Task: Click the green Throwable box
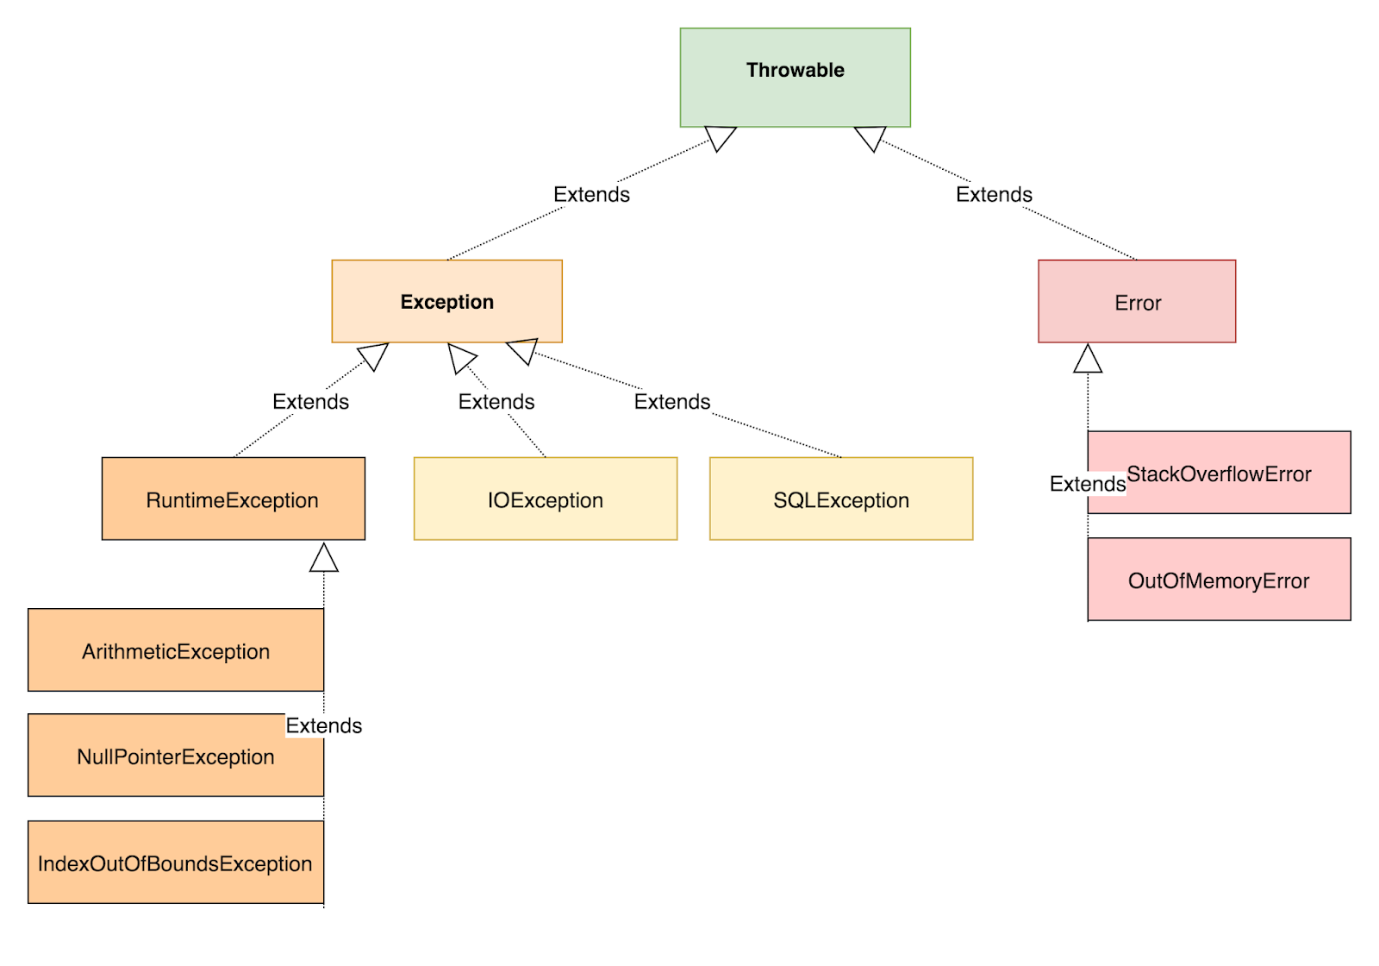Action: point(795,78)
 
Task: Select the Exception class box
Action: point(446,302)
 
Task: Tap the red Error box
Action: point(1137,302)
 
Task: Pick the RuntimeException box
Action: point(233,499)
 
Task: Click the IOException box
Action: point(545,499)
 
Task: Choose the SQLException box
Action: point(840,499)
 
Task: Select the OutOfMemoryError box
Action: point(1219,580)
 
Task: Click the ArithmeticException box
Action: point(176,650)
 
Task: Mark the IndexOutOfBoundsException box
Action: point(176,862)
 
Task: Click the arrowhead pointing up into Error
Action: point(1088,359)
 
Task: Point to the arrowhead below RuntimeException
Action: point(324,558)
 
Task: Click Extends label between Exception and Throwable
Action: point(591,195)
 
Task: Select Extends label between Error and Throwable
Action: point(994,195)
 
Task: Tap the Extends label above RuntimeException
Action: point(310,402)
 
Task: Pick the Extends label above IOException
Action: point(496,402)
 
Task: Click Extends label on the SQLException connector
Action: point(672,402)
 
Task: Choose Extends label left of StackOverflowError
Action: point(1087,484)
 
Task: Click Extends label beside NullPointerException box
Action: point(324,726)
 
